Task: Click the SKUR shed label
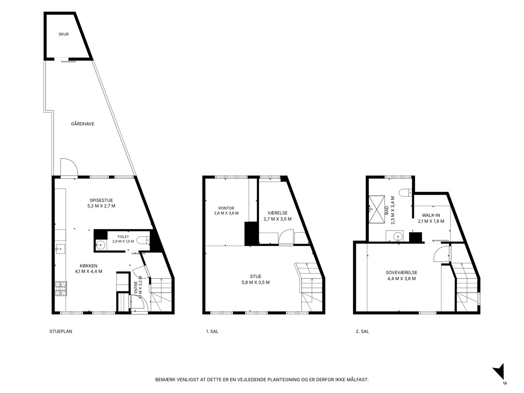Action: click(x=63, y=34)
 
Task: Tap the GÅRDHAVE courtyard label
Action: click(x=83, y=124)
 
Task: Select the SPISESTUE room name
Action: click(x=101, y=200)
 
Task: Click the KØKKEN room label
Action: click(x=89, y=266)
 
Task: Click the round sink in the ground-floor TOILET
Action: click(x=101, y=245)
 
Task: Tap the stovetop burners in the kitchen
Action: click(x=61, y=289)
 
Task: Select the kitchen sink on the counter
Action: click(x=60, y=249)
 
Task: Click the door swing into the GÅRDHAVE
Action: click(x=69, y=167)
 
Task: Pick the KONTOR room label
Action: click(x=226, y=208)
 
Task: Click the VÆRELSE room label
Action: click(x=277, y=213)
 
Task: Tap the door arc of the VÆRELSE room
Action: click(x=286, y=237)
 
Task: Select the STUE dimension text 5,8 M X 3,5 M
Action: click(x=256, y=283)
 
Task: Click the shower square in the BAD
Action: click(x=377, y=210)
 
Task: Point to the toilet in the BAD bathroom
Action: click(x=405, y=192)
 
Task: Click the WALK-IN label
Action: click(x=431, y=215)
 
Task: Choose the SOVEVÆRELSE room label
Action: click(x=402, y=272)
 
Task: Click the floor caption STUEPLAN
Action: click(x=61, y=331)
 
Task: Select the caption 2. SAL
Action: click(x=362, y=331)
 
